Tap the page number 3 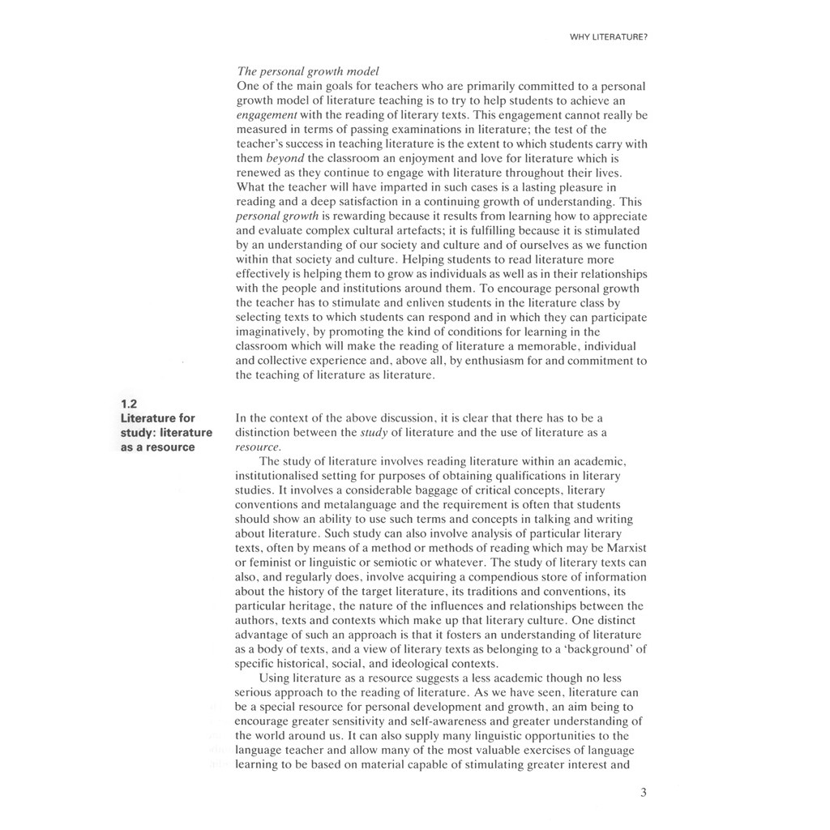point(643,793)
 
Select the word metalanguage point(342,504)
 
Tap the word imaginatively point(272,332)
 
